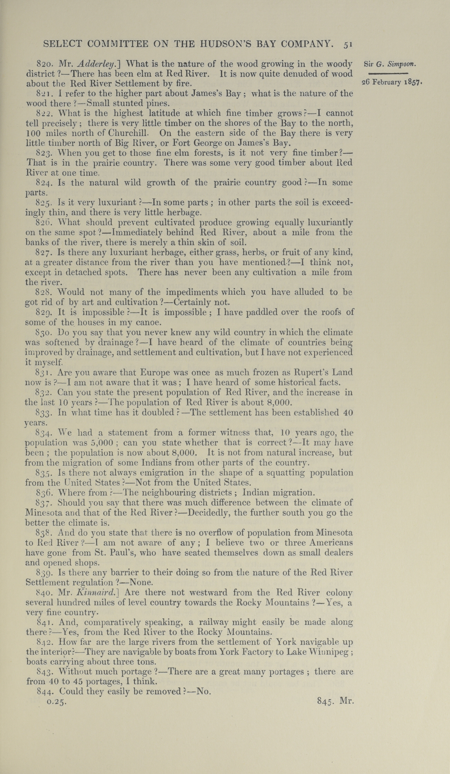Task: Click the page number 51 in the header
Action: point(348,45)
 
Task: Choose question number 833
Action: point(45,412)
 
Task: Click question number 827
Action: point(45,253)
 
